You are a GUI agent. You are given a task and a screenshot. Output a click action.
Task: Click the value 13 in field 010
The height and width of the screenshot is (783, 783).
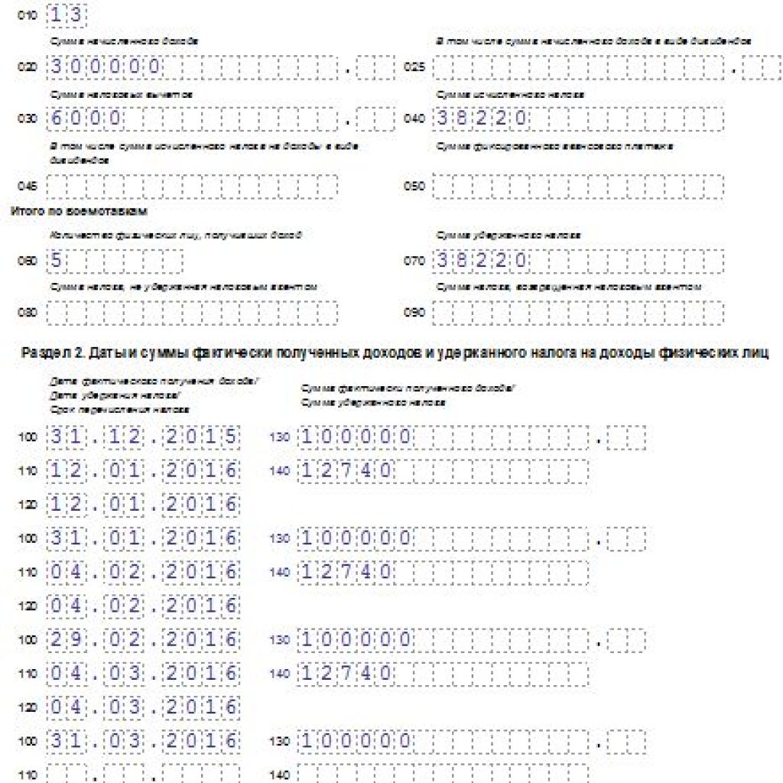point(67,15)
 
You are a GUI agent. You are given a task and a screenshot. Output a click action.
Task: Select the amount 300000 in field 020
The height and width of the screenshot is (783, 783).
point(106,67)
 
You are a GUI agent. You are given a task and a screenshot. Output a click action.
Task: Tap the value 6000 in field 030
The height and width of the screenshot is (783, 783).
point(86,119)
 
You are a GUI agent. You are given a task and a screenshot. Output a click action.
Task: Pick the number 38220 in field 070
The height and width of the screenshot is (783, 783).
point(482,261)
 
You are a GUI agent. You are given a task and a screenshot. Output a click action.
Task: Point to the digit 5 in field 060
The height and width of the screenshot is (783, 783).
point(57,261)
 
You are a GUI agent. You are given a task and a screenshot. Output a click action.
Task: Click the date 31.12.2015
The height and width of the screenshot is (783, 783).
point(144,437)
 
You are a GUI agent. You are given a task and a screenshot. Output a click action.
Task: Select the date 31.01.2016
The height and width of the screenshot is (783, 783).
point(144,538)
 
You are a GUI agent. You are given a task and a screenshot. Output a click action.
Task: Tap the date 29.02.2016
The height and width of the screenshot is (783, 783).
point(144,639)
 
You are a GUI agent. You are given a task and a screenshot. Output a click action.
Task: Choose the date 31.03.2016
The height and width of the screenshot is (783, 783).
point(144,740)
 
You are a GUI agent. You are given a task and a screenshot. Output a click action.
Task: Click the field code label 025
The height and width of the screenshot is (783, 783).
point(414,67)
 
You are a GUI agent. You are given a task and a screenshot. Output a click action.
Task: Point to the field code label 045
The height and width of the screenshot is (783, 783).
point(27,186)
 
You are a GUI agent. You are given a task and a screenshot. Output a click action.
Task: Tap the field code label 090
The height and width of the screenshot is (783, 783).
point(414,312)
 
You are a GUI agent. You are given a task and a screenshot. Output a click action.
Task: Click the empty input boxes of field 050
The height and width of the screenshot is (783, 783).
point(578,186)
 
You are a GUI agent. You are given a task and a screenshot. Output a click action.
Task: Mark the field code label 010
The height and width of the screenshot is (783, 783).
point(27,16)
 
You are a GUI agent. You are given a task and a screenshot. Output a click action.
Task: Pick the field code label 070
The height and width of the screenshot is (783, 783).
point(414,262)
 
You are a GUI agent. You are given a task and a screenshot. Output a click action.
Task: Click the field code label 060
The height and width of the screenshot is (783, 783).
point(27,262)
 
